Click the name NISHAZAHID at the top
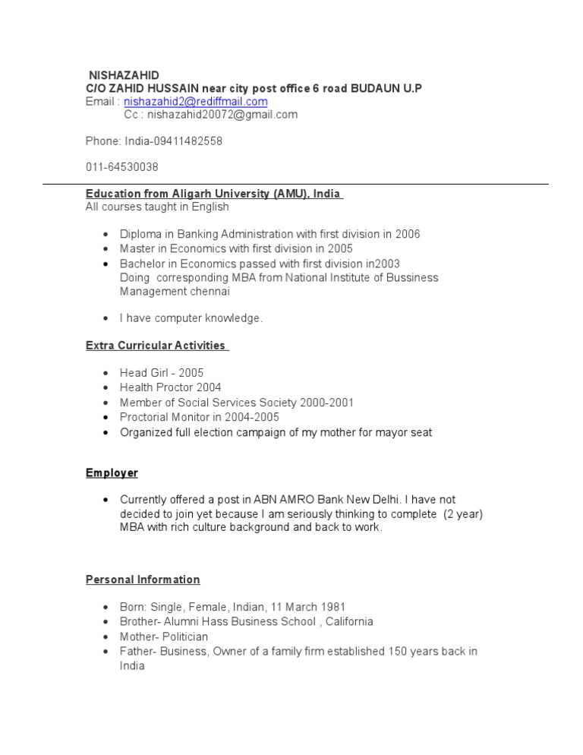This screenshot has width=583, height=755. pyautogui.click(x=124, y=75)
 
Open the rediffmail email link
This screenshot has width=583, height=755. pyautogui.click(x=196, y=102)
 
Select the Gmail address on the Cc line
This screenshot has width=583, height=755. pyautogui.click(x=222, y=115)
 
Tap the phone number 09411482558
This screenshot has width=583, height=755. pyautogui.click(x=188, y=141)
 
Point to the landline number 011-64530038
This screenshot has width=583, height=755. pyautogui.click(x=121, y=167)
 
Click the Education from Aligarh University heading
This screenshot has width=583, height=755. pyautogui.click(x=213, y=194)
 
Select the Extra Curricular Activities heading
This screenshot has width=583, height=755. pyautogui.click(x=156, y=346)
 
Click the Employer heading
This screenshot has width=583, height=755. pyautogui.click(x=112, y=473)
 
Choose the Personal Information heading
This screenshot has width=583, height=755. pyautogui.click(x=143, y=580)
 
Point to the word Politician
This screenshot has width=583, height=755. pyautogui.click(x=181, y=637)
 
